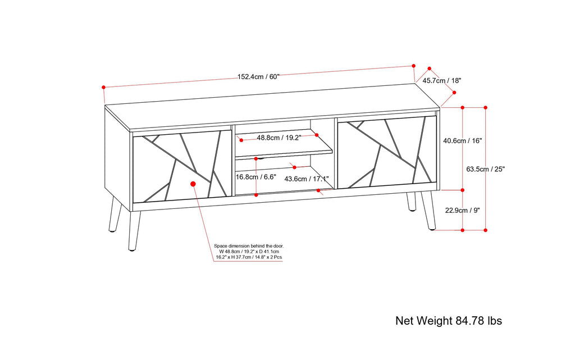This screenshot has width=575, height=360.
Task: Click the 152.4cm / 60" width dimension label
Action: (x=258, y=77)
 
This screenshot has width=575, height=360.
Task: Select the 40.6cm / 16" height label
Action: (x=462, y=141)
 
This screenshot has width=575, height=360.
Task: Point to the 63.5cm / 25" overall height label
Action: (x=486, y=169)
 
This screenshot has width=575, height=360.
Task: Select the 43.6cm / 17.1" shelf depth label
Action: (x=307, y=179)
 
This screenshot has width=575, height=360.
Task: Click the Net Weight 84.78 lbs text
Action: (x=449, y=321)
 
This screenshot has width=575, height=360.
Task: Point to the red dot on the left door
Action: (x=193, y=184)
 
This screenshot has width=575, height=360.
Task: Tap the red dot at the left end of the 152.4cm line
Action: (x=104, y=87)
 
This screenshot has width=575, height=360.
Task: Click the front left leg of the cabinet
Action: (x=134, y=230)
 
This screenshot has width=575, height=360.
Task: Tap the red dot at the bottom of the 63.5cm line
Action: (x=486, y=230)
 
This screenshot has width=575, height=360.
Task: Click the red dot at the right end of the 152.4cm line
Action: (x=414, y=66)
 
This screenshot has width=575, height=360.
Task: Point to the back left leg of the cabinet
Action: (x=115, y=215)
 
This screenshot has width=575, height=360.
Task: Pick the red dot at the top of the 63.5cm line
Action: (x=486, y=107)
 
